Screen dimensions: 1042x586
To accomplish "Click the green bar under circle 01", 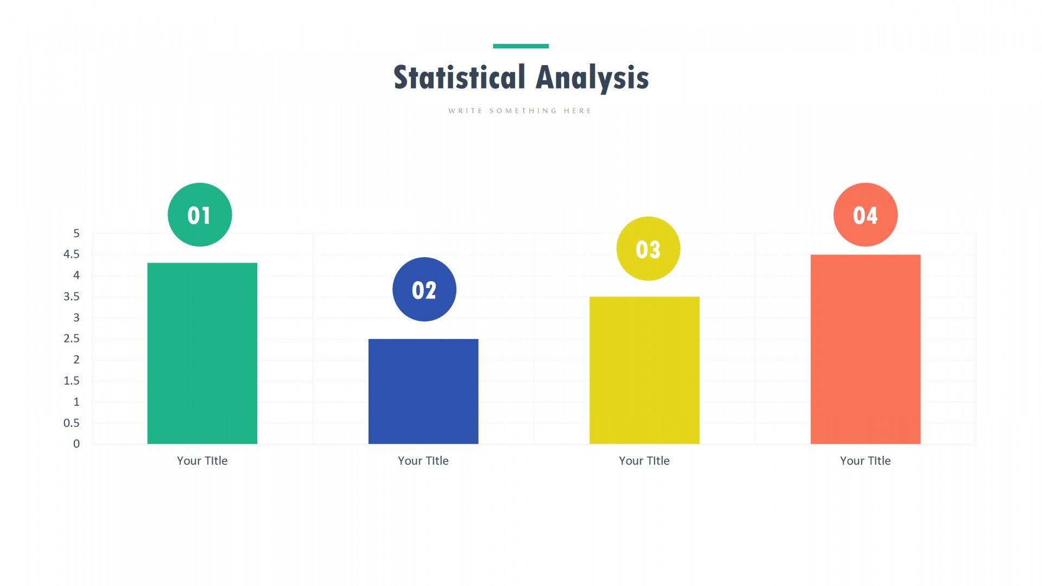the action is click(x=202, y=353).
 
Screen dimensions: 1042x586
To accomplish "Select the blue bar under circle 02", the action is click(x=423, y=391).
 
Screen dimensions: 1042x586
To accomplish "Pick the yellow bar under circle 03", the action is click(x=644, y=370).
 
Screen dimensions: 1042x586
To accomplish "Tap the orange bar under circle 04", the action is click(x=866, y=349).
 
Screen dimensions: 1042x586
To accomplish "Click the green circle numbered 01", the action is click(x=200, y=215).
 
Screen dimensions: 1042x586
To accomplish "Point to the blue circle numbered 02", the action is click(x=424, y=289).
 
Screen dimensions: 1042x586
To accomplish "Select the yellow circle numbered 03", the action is click(x=648, y=249).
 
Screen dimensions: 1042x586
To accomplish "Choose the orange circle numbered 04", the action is click(x=866, y=215).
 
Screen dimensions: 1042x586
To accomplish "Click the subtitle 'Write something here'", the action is click(x=520, y=111).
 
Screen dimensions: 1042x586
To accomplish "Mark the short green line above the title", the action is click(x=521, y=46).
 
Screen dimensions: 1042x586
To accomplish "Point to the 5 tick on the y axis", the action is click(x=77, y=233).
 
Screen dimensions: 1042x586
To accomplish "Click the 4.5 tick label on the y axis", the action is click(x=72, y=254).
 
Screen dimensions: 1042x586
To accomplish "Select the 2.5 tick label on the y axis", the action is click(x=72, y=339).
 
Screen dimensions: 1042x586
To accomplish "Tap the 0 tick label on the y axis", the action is click(x=77, y=444).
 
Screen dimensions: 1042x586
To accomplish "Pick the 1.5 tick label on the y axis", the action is click(x=72, y=380).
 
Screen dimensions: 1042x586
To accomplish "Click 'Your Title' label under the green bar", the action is click(x=202, y=461).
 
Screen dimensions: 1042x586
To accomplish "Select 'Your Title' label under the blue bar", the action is click(x=423, y=461).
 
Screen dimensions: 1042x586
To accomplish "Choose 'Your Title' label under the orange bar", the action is click(x=866, y=461).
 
